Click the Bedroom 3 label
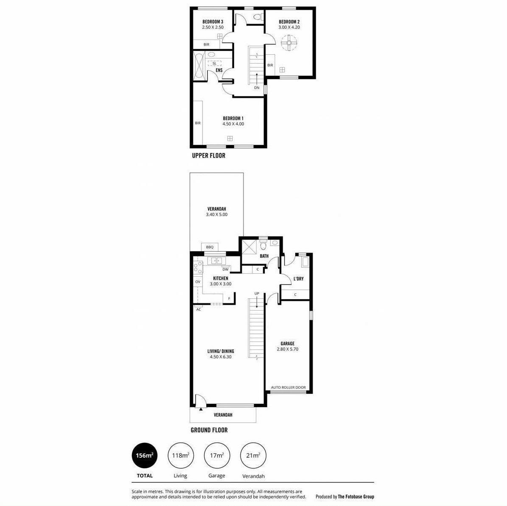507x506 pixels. pos(213,22)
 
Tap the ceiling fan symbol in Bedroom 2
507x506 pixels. pos(289,43)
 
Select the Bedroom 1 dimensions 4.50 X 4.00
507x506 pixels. pos(233,124)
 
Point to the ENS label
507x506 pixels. pos(219,70)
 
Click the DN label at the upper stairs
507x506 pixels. pos(257,88)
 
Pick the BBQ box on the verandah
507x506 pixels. pos(210,247)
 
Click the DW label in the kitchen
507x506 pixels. pos(225,269)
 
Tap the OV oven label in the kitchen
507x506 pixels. pos(198,282)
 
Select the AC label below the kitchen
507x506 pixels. pos(199,309)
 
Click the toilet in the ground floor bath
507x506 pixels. pos(263,246)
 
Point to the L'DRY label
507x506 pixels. pos(298,279)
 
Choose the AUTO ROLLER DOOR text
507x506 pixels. pos(288,387)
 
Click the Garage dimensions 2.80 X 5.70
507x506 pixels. pos(288,349)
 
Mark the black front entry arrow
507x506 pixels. pos(201,409)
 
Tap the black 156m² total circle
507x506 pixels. pos(145,456)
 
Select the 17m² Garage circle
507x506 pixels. pos(217,456)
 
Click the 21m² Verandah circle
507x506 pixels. pos(253,456)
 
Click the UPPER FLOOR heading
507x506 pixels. pos(209,156)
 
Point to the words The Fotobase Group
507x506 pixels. pos(356,497)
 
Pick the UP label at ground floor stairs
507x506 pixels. pos(257,294)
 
